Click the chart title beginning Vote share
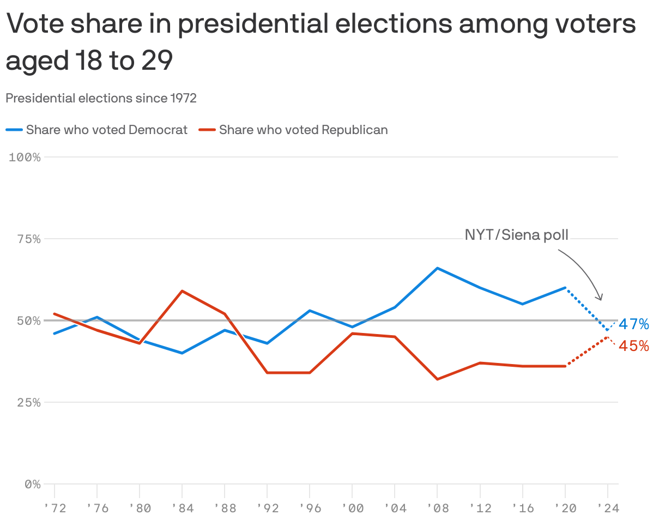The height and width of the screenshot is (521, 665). coord(321,43)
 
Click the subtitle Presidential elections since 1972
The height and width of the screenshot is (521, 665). coord(101,98)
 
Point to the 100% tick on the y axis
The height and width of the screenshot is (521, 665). coord(25,157)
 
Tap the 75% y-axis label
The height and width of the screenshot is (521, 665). coord(27,239)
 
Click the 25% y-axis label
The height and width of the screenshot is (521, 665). coord(27,403)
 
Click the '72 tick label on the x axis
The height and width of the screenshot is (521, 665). coord(55,508)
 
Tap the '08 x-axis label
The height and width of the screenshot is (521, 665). coord(437,508)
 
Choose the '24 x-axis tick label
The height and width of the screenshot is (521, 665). coord(607,508)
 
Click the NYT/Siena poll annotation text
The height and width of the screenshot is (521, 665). coord(516,235)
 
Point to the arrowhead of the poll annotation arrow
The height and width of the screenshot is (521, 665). coord(601,299)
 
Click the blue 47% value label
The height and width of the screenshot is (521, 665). coord(633,325)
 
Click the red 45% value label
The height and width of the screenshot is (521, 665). coord(633,346)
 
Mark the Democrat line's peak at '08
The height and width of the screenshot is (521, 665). coord(437,268)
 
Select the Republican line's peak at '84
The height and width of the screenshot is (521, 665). coord(182,291)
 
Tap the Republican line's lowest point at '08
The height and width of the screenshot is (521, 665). coord(437,379)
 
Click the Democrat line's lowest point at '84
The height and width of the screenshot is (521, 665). coord(182,353)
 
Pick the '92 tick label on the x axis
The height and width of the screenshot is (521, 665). coord(267,508)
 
